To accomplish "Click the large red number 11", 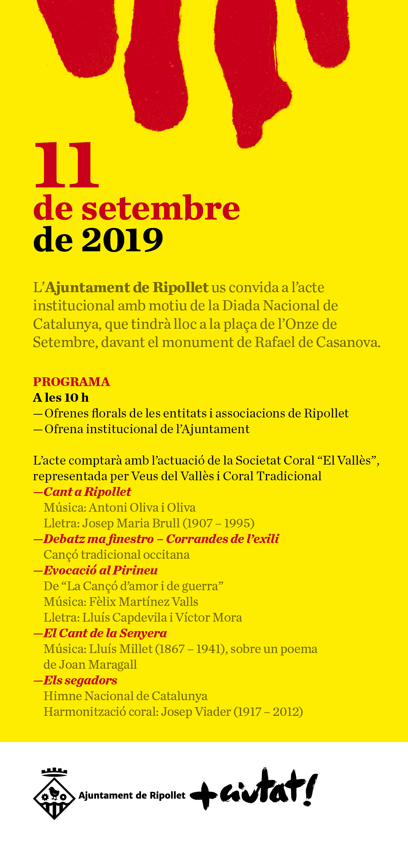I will (66, 165).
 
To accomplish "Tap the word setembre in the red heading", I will (161, 209).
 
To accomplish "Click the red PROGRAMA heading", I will (72, 382).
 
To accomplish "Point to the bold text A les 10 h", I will (61, 398).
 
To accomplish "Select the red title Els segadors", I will (80, 680).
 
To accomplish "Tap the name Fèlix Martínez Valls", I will (143, 602).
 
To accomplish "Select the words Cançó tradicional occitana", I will (117, 555).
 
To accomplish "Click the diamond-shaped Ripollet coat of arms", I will (54, 798).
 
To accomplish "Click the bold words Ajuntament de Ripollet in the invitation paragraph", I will (127, 288).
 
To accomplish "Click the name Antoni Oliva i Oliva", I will (142, 507).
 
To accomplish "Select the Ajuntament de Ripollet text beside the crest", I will (132, 795).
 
